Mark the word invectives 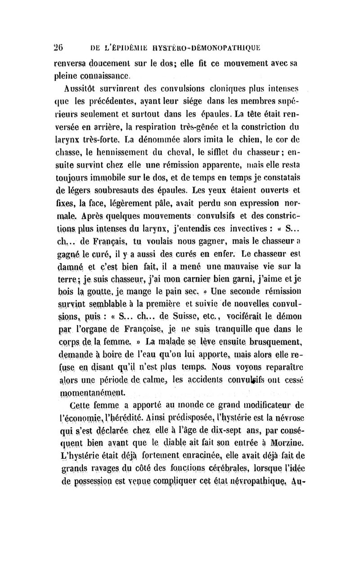pos(240,209)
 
